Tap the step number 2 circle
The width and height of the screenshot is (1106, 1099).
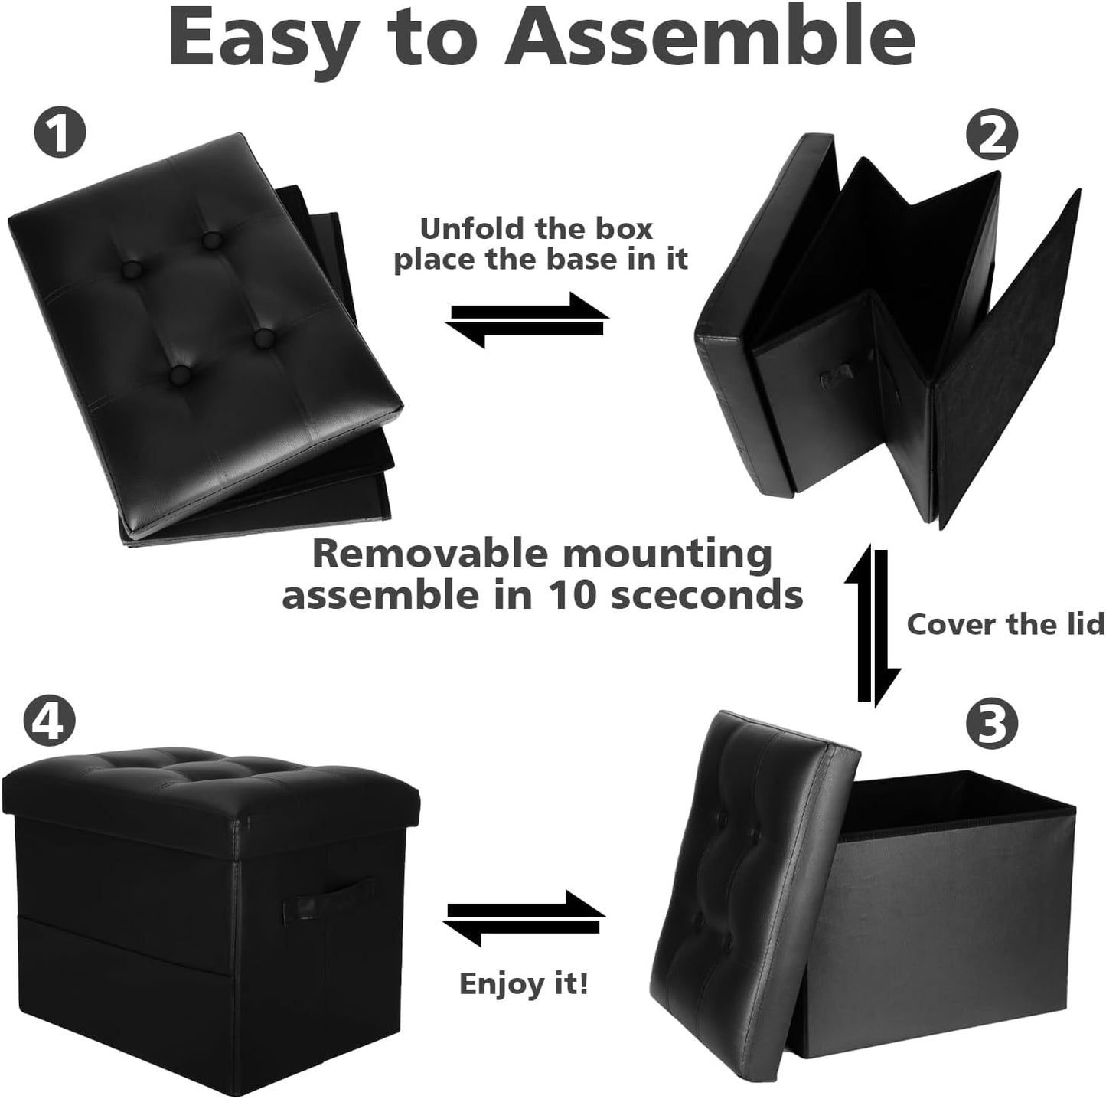[x=991, y=136]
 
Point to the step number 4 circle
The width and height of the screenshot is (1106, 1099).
[x=50, y=721]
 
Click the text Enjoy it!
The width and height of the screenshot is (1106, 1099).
[x=524, y=983]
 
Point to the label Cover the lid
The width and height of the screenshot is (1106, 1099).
[x=1005, y=624]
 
